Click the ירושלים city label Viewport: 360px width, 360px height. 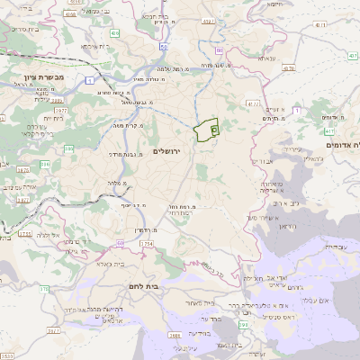pyautogui.click(x=167, y=151)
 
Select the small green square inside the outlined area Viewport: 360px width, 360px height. pyautogui.click(x=214, y=130)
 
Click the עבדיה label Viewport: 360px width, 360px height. pyautogui.click(x=331, y=245)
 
